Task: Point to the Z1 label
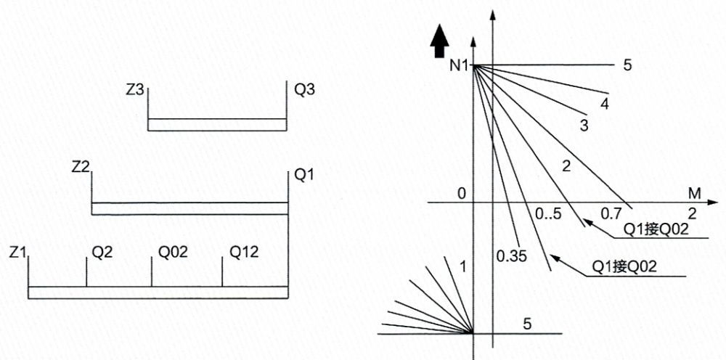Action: click(19, 252)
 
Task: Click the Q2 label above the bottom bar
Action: click(102, 252)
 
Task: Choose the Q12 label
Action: click(243, 252)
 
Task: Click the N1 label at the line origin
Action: click(459, 66)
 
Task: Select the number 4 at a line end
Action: click(604, 104)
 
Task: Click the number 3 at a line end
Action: click(583, 126)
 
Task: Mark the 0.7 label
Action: click(611, 214)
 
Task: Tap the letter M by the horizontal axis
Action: click(694, 194)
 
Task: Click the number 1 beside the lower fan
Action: click(462, 266)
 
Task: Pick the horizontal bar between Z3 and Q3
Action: click(216, 125)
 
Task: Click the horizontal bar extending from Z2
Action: click(190, 209)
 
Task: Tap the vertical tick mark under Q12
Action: click(222, 274)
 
